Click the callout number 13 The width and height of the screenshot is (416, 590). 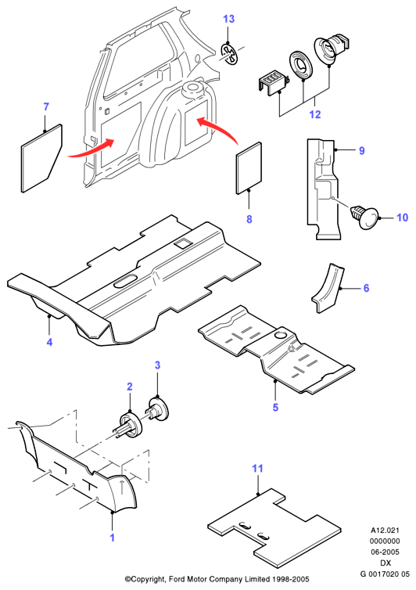click(x=228, y=19)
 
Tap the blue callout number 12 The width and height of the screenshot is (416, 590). click(x=315, y=114)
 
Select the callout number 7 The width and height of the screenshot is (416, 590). click(x=46, y=107)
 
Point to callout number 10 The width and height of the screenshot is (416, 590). click(x=402, y=218)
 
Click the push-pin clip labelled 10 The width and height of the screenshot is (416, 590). click(x=364, y=217)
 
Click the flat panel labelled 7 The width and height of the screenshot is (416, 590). click(x=41, y=158)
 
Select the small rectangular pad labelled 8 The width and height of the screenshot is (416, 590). click(x=249, y=167)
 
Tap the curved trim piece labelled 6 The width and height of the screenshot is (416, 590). click(x=327, y=288)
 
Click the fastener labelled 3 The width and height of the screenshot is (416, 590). click(x=158, y=409)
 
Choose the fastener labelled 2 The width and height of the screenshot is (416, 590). click(x=129, y=425)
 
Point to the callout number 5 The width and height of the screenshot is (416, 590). click(x=275, y=407)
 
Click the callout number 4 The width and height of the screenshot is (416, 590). click(x=49, y=342)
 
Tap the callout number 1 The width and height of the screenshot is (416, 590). click(x=112, y=538)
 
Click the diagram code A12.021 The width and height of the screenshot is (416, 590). click(x=386, y=531)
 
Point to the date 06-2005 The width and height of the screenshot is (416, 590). click(x=386, y=552)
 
